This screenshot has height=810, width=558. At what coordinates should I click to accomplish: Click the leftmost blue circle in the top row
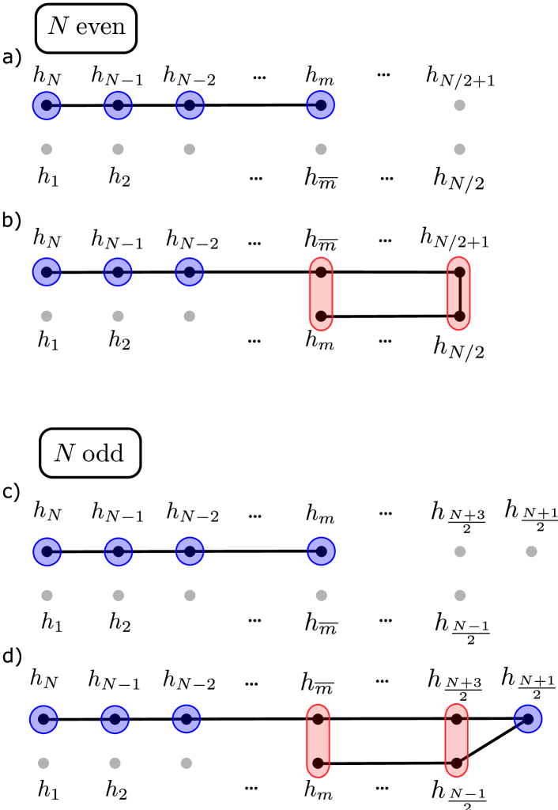(47, 105)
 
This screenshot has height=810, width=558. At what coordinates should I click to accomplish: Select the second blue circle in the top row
(119, 105)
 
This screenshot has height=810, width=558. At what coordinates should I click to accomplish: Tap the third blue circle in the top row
(190, 105)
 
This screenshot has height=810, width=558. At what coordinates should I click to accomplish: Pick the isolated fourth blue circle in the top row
(321, 105)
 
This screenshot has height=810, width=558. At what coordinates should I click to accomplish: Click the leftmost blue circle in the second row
(47, 272)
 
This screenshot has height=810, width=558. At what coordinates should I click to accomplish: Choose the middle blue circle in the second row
(118, 272)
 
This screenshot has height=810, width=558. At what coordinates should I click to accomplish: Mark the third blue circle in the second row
(190, 272)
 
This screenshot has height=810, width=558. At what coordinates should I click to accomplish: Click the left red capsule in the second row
(321, 293)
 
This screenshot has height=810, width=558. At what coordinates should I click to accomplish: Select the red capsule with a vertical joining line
(458, 293)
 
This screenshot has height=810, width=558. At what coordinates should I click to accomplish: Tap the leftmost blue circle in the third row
(47, 551)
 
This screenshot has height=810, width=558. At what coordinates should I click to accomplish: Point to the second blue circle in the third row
(119, 551)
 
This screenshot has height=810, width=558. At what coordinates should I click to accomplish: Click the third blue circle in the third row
(190, 551)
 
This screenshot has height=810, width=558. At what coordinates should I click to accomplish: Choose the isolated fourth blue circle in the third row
(322, 551)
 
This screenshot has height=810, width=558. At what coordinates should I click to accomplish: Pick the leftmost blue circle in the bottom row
(43, 720)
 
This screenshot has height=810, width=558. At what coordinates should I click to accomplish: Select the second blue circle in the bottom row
(115, 720)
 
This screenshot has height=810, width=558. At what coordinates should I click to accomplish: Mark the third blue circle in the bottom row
(187, 719)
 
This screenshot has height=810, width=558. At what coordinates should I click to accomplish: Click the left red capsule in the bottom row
(318, 740)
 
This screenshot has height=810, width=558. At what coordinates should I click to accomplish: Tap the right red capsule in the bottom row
(456, 740)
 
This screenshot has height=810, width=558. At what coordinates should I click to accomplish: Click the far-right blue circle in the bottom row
(528, 719)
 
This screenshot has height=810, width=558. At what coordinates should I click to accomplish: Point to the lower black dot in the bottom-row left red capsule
(318, 763)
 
